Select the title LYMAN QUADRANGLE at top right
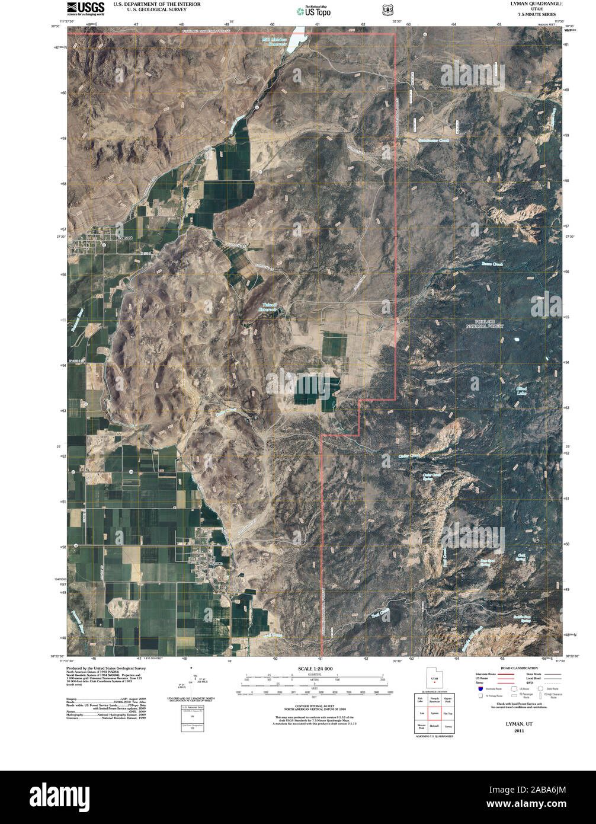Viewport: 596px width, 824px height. (x=531, y=4)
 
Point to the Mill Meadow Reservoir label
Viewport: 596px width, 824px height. (x=274, y=41)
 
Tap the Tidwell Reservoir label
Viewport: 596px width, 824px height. (x=269, y=308)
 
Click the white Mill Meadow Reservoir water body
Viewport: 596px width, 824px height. (x=296, y=39)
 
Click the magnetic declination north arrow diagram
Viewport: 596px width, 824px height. (x=194, y=682)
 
